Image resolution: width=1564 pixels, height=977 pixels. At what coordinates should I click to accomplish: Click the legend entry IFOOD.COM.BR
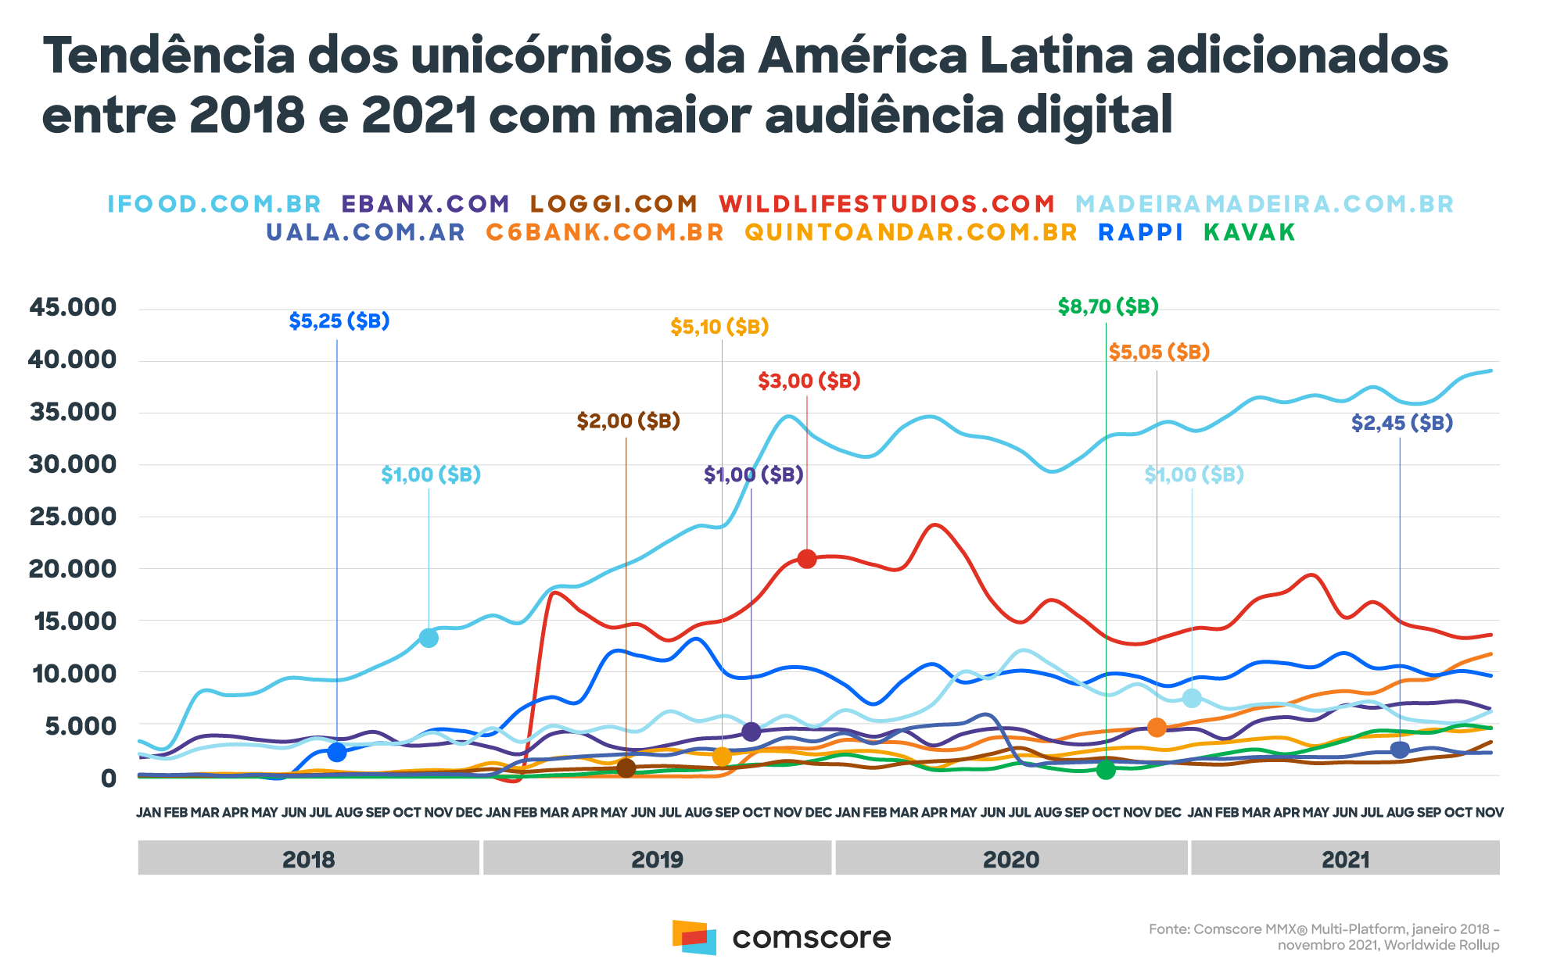point(214,204)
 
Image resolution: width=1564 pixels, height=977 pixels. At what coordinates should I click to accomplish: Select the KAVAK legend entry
point(1250,232)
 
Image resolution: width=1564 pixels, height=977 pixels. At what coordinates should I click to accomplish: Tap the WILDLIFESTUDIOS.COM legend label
point(888,204)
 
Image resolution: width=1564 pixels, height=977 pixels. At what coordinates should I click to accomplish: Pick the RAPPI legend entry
point(1141,232)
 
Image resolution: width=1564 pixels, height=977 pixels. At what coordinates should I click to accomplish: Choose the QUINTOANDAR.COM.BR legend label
point(911,232)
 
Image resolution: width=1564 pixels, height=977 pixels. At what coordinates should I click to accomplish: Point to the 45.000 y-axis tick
point(73,307)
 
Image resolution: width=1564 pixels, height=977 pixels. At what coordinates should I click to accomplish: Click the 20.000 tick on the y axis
point(73,568)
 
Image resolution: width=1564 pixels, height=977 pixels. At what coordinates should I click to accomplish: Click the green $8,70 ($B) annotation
point(1108,306)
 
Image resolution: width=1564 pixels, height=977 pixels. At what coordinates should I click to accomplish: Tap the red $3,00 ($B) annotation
point(809,381)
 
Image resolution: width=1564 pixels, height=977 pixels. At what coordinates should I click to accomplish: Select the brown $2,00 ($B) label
point(629,421)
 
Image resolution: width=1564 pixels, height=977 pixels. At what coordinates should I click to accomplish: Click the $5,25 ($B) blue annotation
point(339,320)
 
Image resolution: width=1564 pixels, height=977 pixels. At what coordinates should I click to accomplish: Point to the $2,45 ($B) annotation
point(1402,423)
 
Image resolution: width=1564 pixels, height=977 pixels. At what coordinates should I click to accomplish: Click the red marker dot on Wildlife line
point(807,559)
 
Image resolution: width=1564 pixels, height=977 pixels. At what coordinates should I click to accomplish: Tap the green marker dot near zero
point(1106,771)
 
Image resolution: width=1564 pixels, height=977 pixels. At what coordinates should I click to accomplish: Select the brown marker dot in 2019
point(626,768)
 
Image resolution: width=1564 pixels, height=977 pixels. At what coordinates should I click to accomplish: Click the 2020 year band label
point(1011,860)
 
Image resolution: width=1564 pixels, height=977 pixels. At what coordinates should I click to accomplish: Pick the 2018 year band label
point(308,860)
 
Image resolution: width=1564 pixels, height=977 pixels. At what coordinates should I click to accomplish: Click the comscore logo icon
point(694,937)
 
